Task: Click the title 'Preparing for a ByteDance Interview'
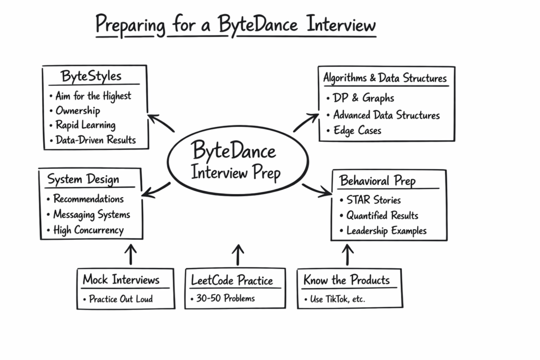[x=236, y=25]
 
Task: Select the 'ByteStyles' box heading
[x=91, y=76]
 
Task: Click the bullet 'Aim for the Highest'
[x=93, y=96]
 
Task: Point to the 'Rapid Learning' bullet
[x=85, y=125]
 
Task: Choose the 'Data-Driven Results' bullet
[x=95, y=140]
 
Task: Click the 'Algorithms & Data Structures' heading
[x=385, y=79]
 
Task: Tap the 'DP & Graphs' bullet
[x=363, y=98]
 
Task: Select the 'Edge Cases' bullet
[x=357, y=131]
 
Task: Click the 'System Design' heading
[x=83, y=180]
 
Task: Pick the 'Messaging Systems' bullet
[x=91, y=215]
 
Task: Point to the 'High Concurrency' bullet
[x=88, y=230]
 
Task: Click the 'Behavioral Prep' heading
[x=378, y=181]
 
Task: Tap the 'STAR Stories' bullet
[x=373, y=200]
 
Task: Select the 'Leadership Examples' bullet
[x=386, y=231]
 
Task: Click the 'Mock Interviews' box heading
[x=121, y=279]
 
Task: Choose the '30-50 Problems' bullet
[x=225, y=298]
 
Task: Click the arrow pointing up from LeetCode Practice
[x=238, y=254]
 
